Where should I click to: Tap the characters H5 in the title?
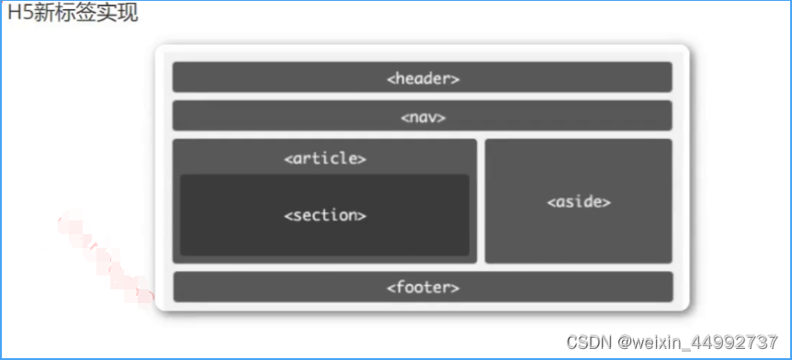point(18,13)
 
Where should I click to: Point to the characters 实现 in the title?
point(119,13)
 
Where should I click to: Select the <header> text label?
point(423,78)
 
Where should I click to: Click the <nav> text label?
point(423,117)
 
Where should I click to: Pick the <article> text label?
point(325,158)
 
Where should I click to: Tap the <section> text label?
point(325,215)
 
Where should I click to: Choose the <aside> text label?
point(579,201)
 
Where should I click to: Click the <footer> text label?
point(423,287)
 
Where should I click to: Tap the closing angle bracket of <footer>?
point(455,287)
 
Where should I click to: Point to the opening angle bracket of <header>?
point(390,78)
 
